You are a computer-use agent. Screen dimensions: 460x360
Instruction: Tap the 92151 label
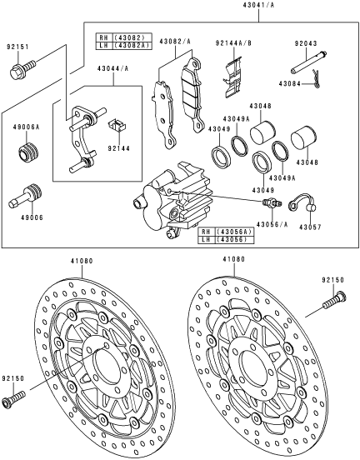coord(18,47)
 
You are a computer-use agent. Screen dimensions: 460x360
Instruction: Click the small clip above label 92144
coord(119,126)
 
